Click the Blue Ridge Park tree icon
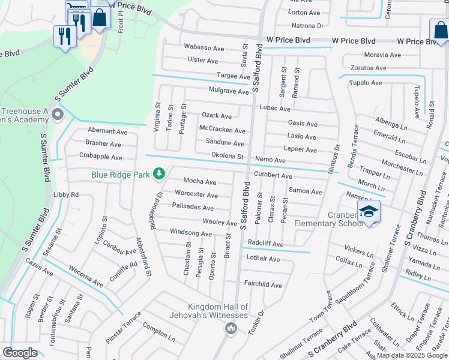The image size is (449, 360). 159,174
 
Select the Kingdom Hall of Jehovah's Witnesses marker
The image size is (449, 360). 231,328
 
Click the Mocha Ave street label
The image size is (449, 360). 199,181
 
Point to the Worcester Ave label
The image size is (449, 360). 196,194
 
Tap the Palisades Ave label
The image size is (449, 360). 193,208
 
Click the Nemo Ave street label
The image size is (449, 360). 270,160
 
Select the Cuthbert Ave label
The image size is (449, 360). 273,176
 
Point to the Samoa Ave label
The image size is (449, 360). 306,191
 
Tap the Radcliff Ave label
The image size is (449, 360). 265,244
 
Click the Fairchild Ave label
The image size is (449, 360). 262,284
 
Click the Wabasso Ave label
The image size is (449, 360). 203,47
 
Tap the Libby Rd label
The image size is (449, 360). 66,195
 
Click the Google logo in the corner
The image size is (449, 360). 20,352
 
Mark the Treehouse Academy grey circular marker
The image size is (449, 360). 58,114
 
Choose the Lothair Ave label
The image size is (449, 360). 263,259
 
